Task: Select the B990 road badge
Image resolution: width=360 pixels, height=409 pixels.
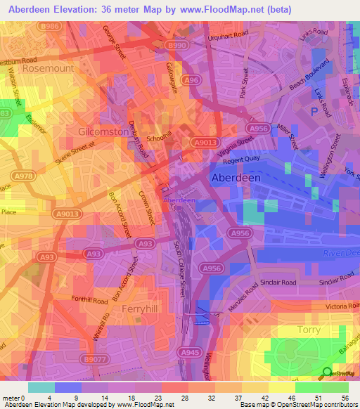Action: (x=176, y=45)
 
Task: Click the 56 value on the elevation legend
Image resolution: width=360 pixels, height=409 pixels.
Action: (x=344, y=398)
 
